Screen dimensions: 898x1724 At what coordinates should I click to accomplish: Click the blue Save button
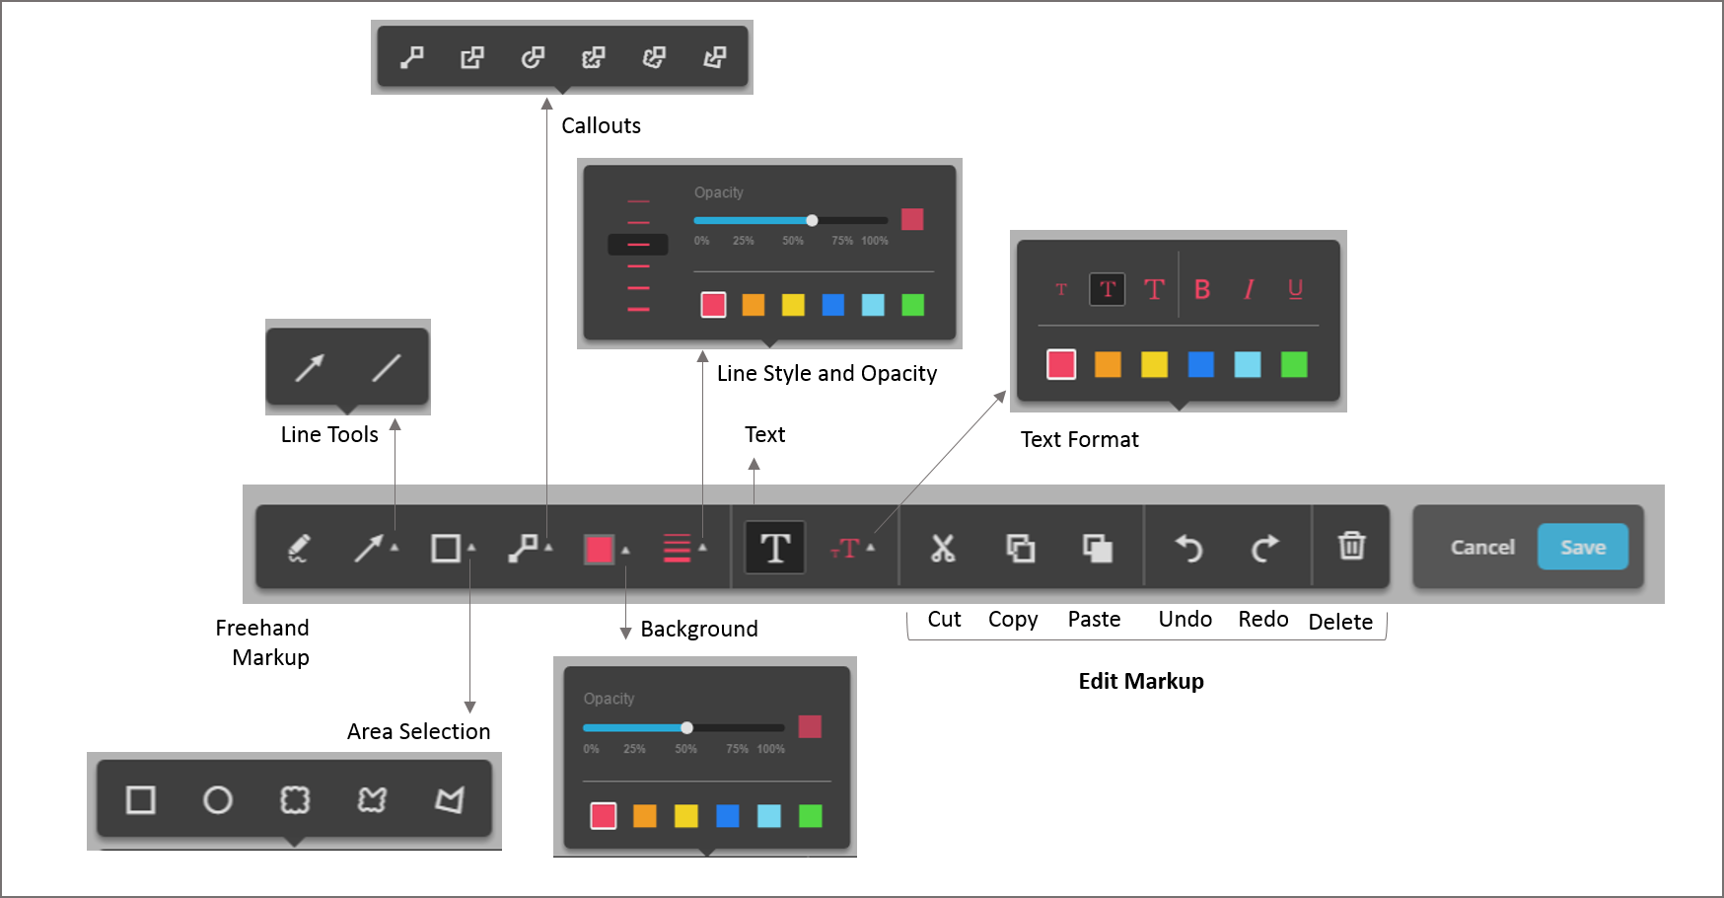pos(1582,547)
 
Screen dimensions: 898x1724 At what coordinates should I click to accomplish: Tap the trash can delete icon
pos(1351,546)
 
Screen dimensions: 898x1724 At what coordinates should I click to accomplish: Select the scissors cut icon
pos(943,548)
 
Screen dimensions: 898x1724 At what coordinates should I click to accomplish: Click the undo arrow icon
pos(1188,548)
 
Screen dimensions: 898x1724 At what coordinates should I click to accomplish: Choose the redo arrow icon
pos(1264,548)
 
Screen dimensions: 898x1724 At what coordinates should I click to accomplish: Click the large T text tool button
pos(775,548)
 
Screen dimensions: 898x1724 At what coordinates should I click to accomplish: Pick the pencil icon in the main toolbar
pos(298,548)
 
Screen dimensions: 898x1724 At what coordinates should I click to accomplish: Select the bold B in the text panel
pos(1201,289)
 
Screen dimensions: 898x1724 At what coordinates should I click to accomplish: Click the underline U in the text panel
pos(1295,288)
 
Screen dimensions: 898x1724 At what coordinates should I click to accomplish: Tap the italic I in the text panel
pos(1249,289)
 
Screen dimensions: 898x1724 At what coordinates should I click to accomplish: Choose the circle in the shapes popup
pos(217,799)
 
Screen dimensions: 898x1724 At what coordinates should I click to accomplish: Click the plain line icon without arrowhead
pos(386,368)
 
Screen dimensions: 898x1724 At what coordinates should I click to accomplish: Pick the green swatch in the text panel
pos(1294,365)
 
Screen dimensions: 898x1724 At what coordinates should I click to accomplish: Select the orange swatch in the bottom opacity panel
pos(644,816)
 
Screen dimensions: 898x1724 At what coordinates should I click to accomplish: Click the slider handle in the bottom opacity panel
pos(686,728)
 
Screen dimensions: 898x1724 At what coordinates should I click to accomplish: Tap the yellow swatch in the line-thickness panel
pos(793,305)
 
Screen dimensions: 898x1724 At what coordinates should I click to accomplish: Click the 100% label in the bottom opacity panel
pos(771,749)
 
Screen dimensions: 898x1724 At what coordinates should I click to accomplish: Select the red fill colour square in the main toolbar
pos(599,549)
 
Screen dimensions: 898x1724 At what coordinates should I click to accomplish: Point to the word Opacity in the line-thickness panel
pos(718,192)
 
